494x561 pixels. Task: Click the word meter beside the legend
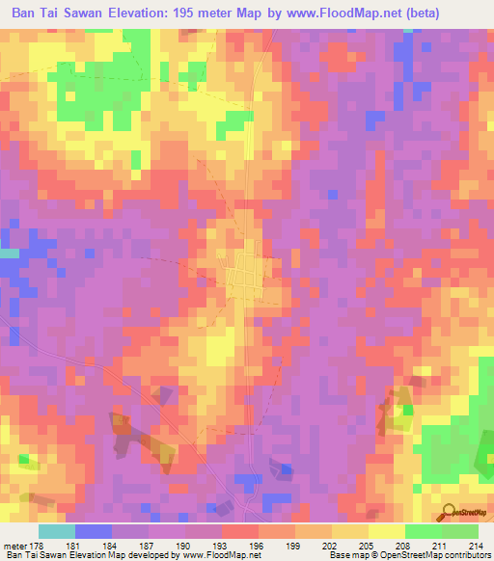16,545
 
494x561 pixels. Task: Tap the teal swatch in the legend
57,531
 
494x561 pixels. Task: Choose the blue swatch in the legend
94,531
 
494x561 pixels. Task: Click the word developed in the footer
153,555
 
